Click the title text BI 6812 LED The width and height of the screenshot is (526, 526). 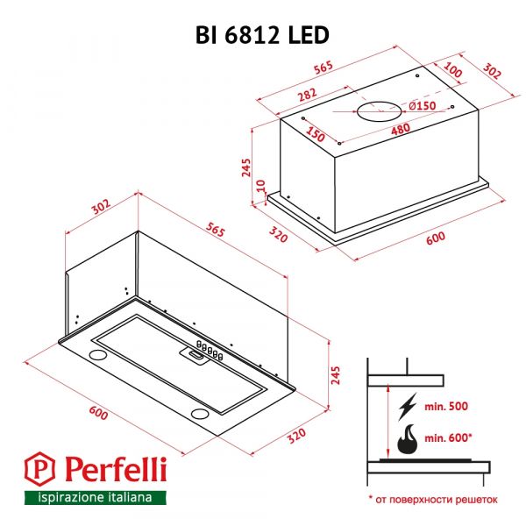click(262, 35)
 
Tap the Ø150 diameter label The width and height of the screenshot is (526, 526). click(423, 106)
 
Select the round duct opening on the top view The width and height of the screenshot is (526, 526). click(379, 111)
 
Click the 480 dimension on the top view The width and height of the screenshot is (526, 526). click(401, 129)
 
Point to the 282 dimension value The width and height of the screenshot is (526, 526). click(308, 95)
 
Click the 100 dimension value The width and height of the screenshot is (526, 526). click(453, 70)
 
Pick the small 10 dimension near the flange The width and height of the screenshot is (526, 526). click(261, 186)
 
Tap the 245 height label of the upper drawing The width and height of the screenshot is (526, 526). click(246, 167)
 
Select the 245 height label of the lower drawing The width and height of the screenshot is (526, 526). click(335, 375)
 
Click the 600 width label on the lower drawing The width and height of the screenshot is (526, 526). click(98, 413)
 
